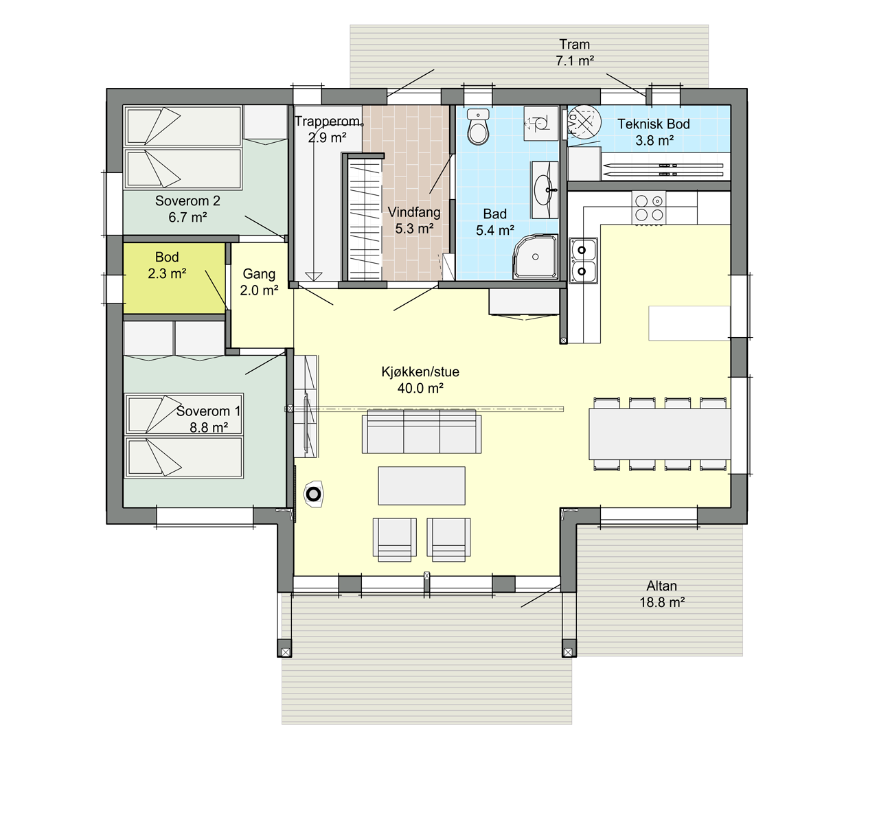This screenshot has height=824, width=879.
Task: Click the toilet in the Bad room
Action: tap(478, 126)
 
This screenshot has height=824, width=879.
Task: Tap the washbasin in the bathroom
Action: tap(544, 190)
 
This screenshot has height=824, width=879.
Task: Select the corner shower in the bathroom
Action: tap(536, 256)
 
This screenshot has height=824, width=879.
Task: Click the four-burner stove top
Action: tap(648, 208)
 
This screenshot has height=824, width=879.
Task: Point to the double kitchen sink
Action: tap(583, 260)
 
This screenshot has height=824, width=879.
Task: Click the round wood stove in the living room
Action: tap(313, 494)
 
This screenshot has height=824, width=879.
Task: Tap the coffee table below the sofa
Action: tap(422, 485)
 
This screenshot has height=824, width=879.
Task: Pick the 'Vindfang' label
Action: tap(414, 212)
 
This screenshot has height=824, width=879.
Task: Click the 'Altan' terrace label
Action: tap(661, 586)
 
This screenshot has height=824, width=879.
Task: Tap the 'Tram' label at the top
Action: tap(574, 44)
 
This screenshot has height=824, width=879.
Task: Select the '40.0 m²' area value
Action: tap(420, 389)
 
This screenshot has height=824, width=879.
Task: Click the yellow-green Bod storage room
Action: tap(174, 279)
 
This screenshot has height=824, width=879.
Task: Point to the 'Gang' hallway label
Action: tap(259, 274)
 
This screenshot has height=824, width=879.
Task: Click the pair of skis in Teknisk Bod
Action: tap(663, 170)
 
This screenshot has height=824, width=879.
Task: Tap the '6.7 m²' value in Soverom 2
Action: tap(187, 218)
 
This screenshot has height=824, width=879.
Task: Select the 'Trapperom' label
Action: tap(328, 121)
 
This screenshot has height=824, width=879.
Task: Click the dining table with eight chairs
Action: tap(659, 434)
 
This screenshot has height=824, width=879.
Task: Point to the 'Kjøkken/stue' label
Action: tap(420, 372)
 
